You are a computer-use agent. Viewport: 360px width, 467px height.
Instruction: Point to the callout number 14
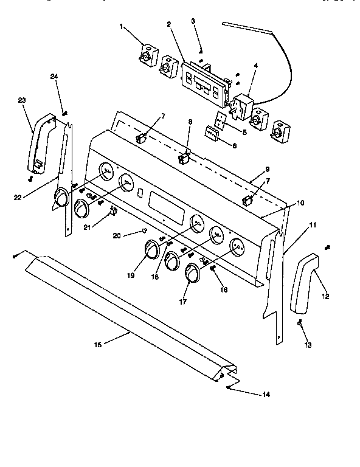click(266, 395)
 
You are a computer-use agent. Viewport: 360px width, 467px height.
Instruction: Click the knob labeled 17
click(192, 274)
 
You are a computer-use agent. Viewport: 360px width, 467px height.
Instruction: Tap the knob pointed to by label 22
click(61, 198)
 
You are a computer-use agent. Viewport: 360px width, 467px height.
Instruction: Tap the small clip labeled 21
click(112, 211)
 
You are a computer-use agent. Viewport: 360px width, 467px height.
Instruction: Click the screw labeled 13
click(301, 324)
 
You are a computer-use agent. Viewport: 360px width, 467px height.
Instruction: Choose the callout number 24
click(54, 77)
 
